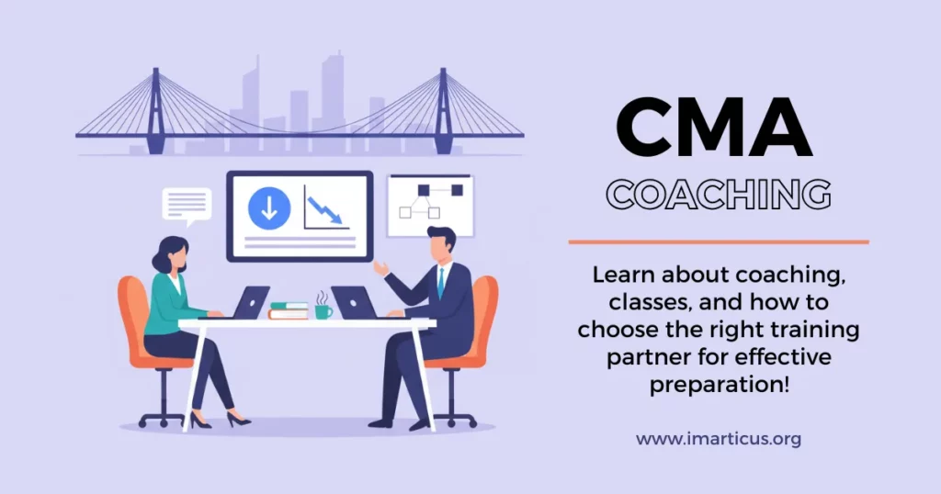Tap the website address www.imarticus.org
[x=719, y=439]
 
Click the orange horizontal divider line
[x=718, y=242]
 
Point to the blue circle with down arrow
[x=268, y=209]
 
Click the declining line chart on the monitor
[x=323, y=207]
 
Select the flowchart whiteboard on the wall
[x=430, y=206]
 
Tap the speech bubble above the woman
[x=187, y=205]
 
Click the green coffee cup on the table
[x=323, y=311]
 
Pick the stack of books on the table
[x=289, y=310]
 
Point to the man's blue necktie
[x=441, y=283]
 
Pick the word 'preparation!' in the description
[x=719, y=385]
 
